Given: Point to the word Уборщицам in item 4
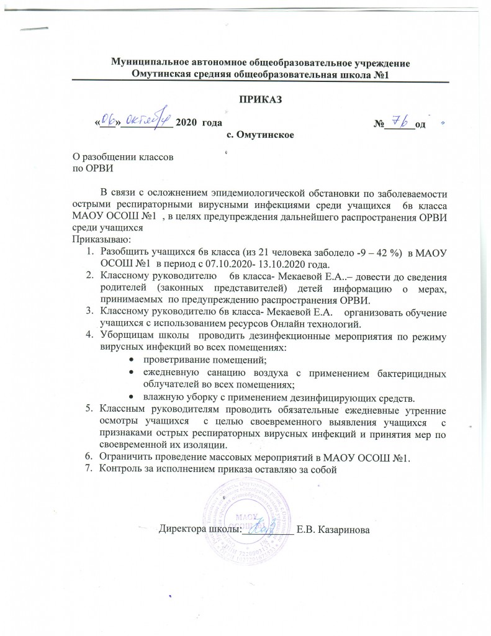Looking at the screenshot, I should pos(129,335).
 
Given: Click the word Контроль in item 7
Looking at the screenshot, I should pos(122,469).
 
